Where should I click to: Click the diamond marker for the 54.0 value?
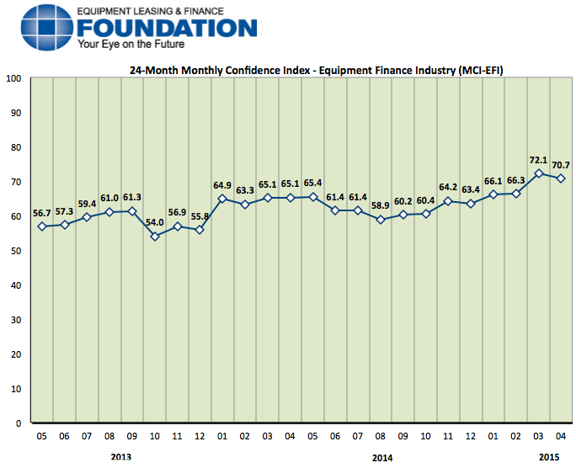click(x=154, y=237)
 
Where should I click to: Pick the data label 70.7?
click(x=560, y=165)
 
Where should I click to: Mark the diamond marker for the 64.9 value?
click(x=222, y=199)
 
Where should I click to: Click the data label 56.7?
click(x=42, y=213)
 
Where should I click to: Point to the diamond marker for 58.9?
click(x=381, y=220)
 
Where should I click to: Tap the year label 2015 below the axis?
click(x=549, y=456)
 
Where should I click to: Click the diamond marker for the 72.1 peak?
click(x=539, y=173)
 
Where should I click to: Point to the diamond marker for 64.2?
click(x=448, y=201)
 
